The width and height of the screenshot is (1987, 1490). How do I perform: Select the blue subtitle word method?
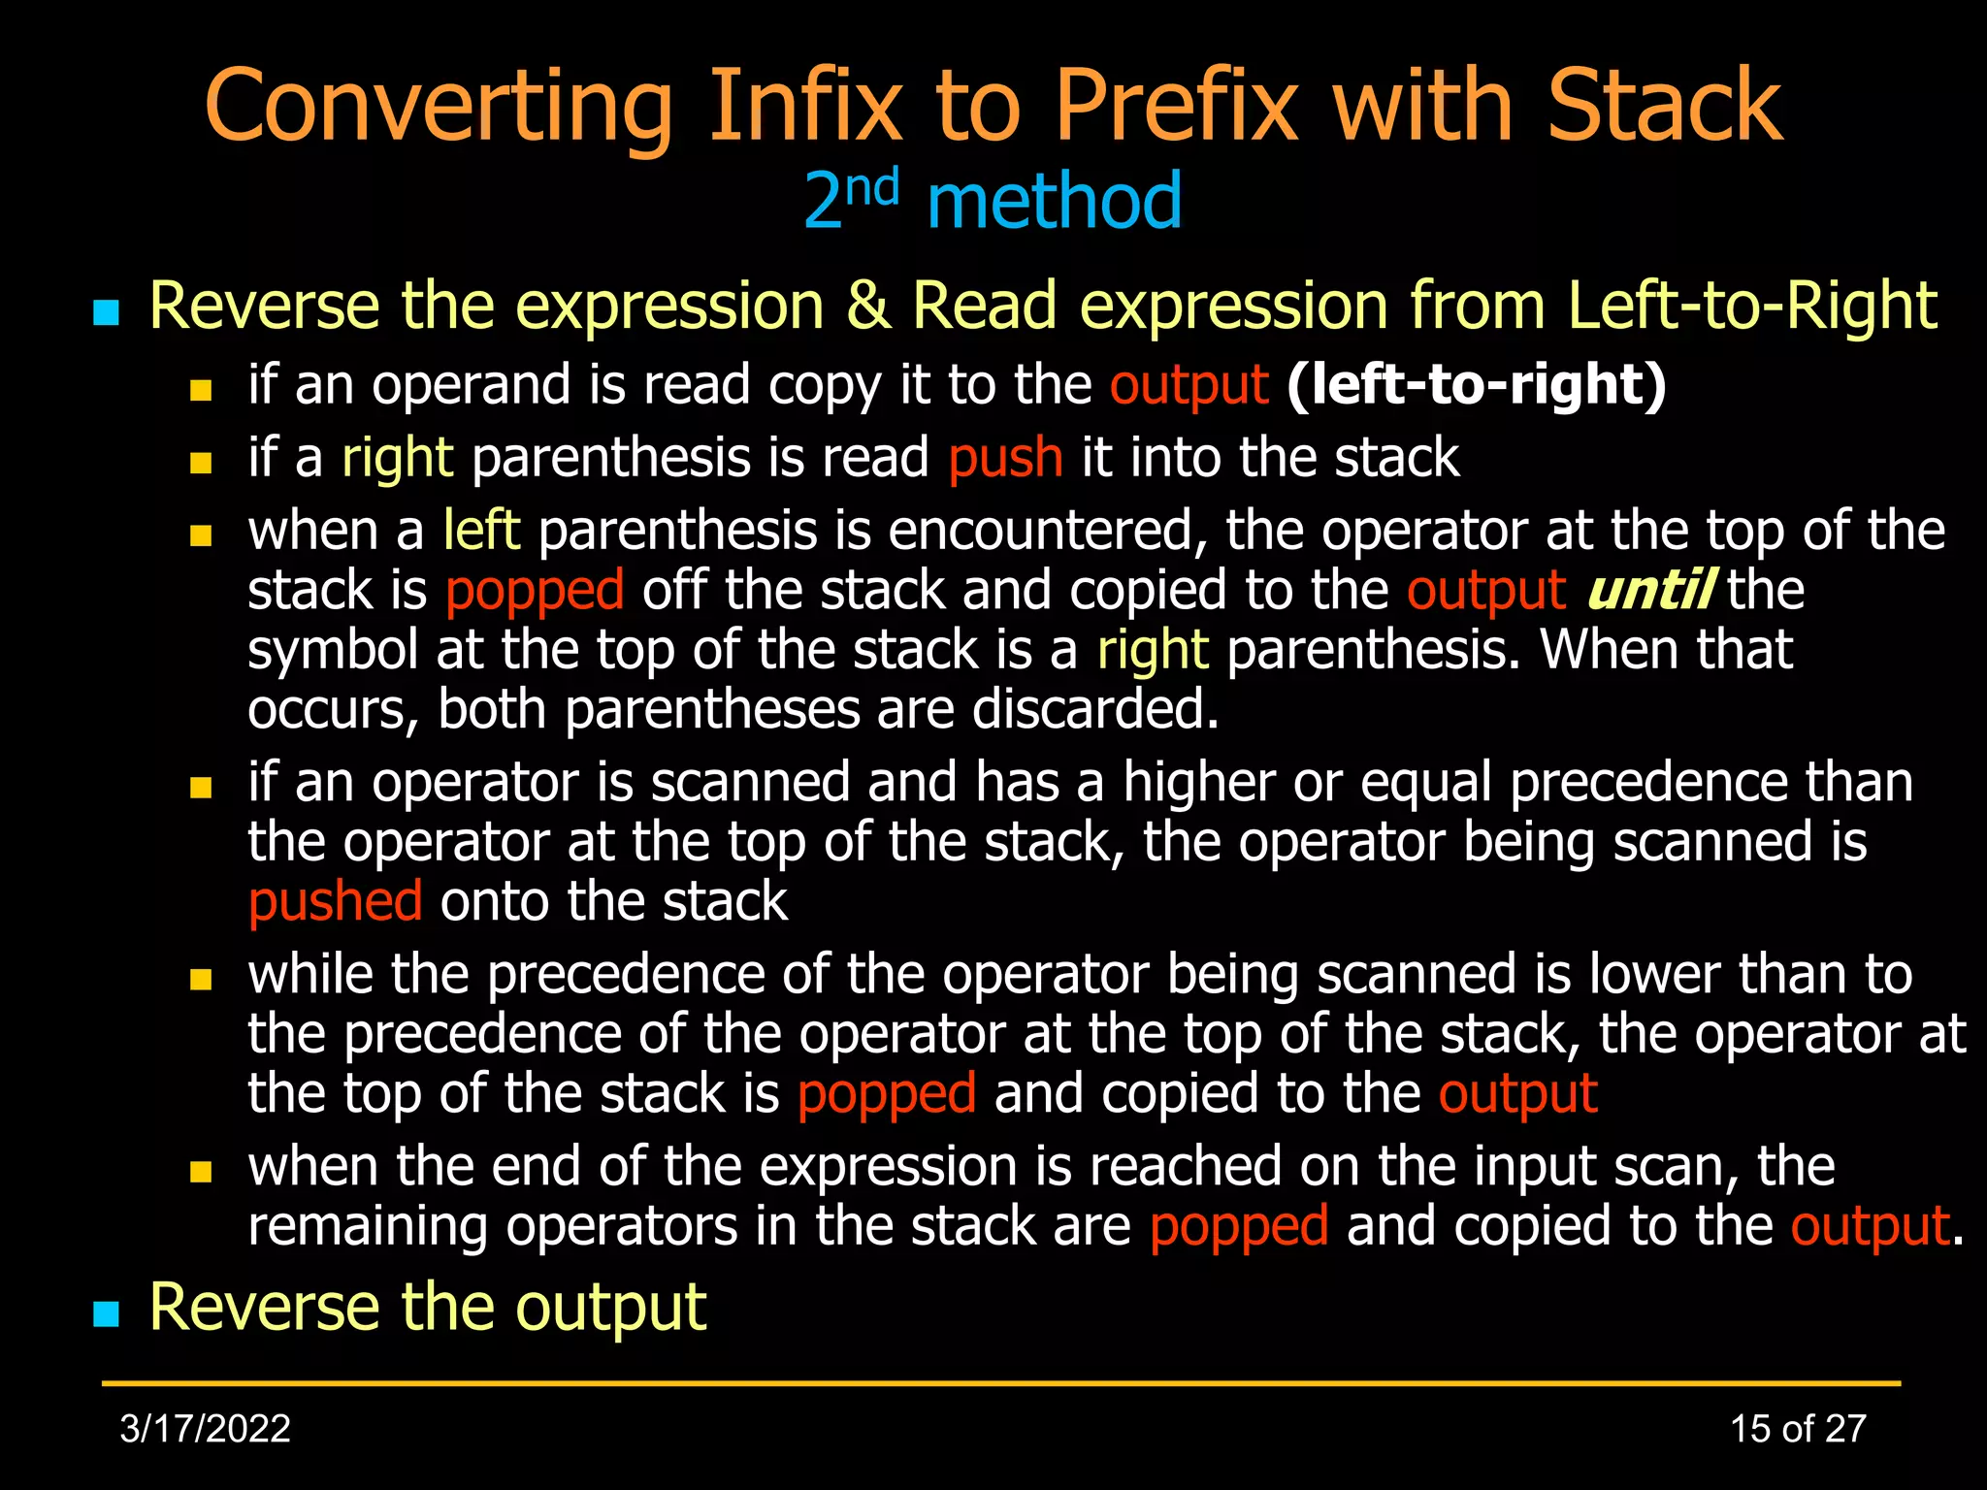(1055, 202)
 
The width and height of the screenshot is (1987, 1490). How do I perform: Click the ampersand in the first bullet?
(867, 307)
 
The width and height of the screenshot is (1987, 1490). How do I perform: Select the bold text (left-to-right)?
(1476, 385)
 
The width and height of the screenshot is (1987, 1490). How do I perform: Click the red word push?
(1005, 458)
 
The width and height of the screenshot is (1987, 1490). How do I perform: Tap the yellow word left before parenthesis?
(481, 531)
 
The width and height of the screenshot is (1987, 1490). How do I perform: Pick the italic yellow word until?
(1649, 591)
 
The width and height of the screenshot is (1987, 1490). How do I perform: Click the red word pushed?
(335, 902)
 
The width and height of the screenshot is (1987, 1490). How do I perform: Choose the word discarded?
(1094, 710)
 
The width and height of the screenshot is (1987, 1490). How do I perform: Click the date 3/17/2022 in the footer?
(205, 1429)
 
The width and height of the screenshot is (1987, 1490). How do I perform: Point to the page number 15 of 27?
(1798, 1429)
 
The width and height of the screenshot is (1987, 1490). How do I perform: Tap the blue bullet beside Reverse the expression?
(106, 312)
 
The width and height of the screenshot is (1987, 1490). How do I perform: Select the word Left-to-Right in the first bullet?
(1752, 307)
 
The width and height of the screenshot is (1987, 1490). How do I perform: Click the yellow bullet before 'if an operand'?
(201, 391)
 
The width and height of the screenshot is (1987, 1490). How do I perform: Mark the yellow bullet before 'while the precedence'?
(201, 980)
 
